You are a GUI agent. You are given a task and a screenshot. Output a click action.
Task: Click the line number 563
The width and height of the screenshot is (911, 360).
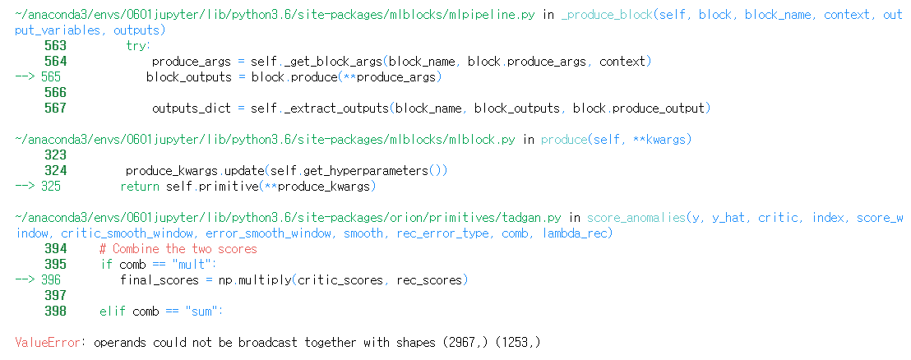tap(55, 46)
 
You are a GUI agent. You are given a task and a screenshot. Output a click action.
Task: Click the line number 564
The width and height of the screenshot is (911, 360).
tap(55, 62)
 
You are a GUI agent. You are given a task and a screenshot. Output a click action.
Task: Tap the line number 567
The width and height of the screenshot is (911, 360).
tap(55, 108)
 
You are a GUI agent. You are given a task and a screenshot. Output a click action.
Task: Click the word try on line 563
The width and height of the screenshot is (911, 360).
tap(137, 46)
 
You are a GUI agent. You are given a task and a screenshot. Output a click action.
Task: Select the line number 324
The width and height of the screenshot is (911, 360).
tap(55, 171)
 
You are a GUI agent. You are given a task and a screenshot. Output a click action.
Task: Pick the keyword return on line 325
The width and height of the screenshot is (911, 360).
tap(141, 187)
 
